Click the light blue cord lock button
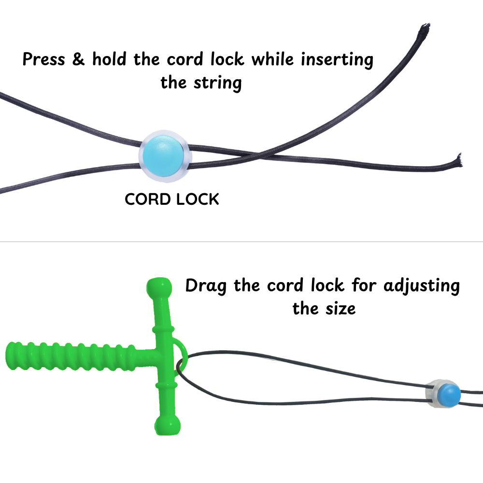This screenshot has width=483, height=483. point(163,156)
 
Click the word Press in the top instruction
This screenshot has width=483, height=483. point(44,59)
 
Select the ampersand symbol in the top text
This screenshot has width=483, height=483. point(79,59)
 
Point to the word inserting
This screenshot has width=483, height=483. point(337,60)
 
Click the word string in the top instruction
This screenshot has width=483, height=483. point(217,83)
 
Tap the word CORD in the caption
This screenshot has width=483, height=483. point(147,199)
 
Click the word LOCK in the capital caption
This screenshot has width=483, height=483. point(198,199)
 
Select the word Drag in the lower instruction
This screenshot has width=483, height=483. point(206,286)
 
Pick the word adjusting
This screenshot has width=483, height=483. point(422,286)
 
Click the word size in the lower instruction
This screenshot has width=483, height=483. point(341,309)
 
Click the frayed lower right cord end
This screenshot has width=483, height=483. point(459,160)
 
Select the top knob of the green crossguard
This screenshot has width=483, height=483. point(159,287)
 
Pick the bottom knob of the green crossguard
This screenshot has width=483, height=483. point(167,425)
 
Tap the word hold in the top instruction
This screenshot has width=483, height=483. point(109,59)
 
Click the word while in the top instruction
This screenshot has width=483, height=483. point(273,59)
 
